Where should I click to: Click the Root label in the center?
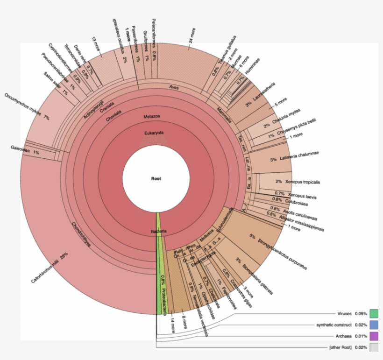(x=156, y=178)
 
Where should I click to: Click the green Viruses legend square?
(x=374, y=313)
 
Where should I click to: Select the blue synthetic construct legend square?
(x=374, y=325)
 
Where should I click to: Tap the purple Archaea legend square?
(x=374, y=336)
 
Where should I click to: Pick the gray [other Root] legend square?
(x=374, y=347)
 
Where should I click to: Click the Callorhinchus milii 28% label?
(x=50, y=268)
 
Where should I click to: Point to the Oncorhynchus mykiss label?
(x=24, y=106)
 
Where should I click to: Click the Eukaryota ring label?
(x=155, y=133)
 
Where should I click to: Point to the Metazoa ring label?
(x=152, y=115)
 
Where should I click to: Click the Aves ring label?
(x=174, y=87)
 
